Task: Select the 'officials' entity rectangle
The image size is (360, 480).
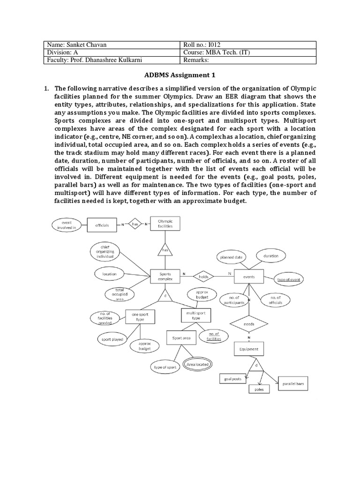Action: (x=102, y=225)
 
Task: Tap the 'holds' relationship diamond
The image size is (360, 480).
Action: (x=203, y=277)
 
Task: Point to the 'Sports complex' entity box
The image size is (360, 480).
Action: (x=165, y=277)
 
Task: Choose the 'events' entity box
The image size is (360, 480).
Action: (x=249, y=277)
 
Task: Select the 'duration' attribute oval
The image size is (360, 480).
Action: (x=270, y=256)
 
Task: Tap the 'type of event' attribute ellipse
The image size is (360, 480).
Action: (x=288, y=279)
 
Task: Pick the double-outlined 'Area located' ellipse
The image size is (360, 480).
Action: (x=197, y=364)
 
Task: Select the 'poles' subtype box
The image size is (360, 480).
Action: (x=259, y=390)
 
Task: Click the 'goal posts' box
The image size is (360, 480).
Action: (x=232, y=378)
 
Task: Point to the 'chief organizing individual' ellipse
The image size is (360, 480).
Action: (x=105, y=251)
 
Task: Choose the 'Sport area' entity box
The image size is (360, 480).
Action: (x=180, y=337)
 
